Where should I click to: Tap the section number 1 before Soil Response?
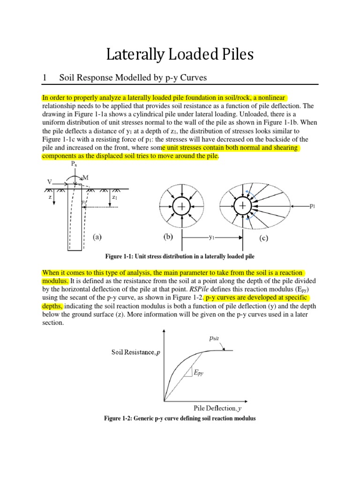click(44, 77)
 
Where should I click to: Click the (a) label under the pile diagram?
click(97, 237)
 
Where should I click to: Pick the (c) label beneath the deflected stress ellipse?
click(263, 238)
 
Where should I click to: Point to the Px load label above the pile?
click(74, 164)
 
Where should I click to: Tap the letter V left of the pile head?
click(50, 181)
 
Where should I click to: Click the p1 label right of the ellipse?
click(313, 205)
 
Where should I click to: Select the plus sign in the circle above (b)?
click(181, 206)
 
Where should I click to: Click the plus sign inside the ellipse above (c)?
click(242, 206)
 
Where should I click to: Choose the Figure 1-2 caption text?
click(180, 419)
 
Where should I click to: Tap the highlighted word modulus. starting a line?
click(55, 281)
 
